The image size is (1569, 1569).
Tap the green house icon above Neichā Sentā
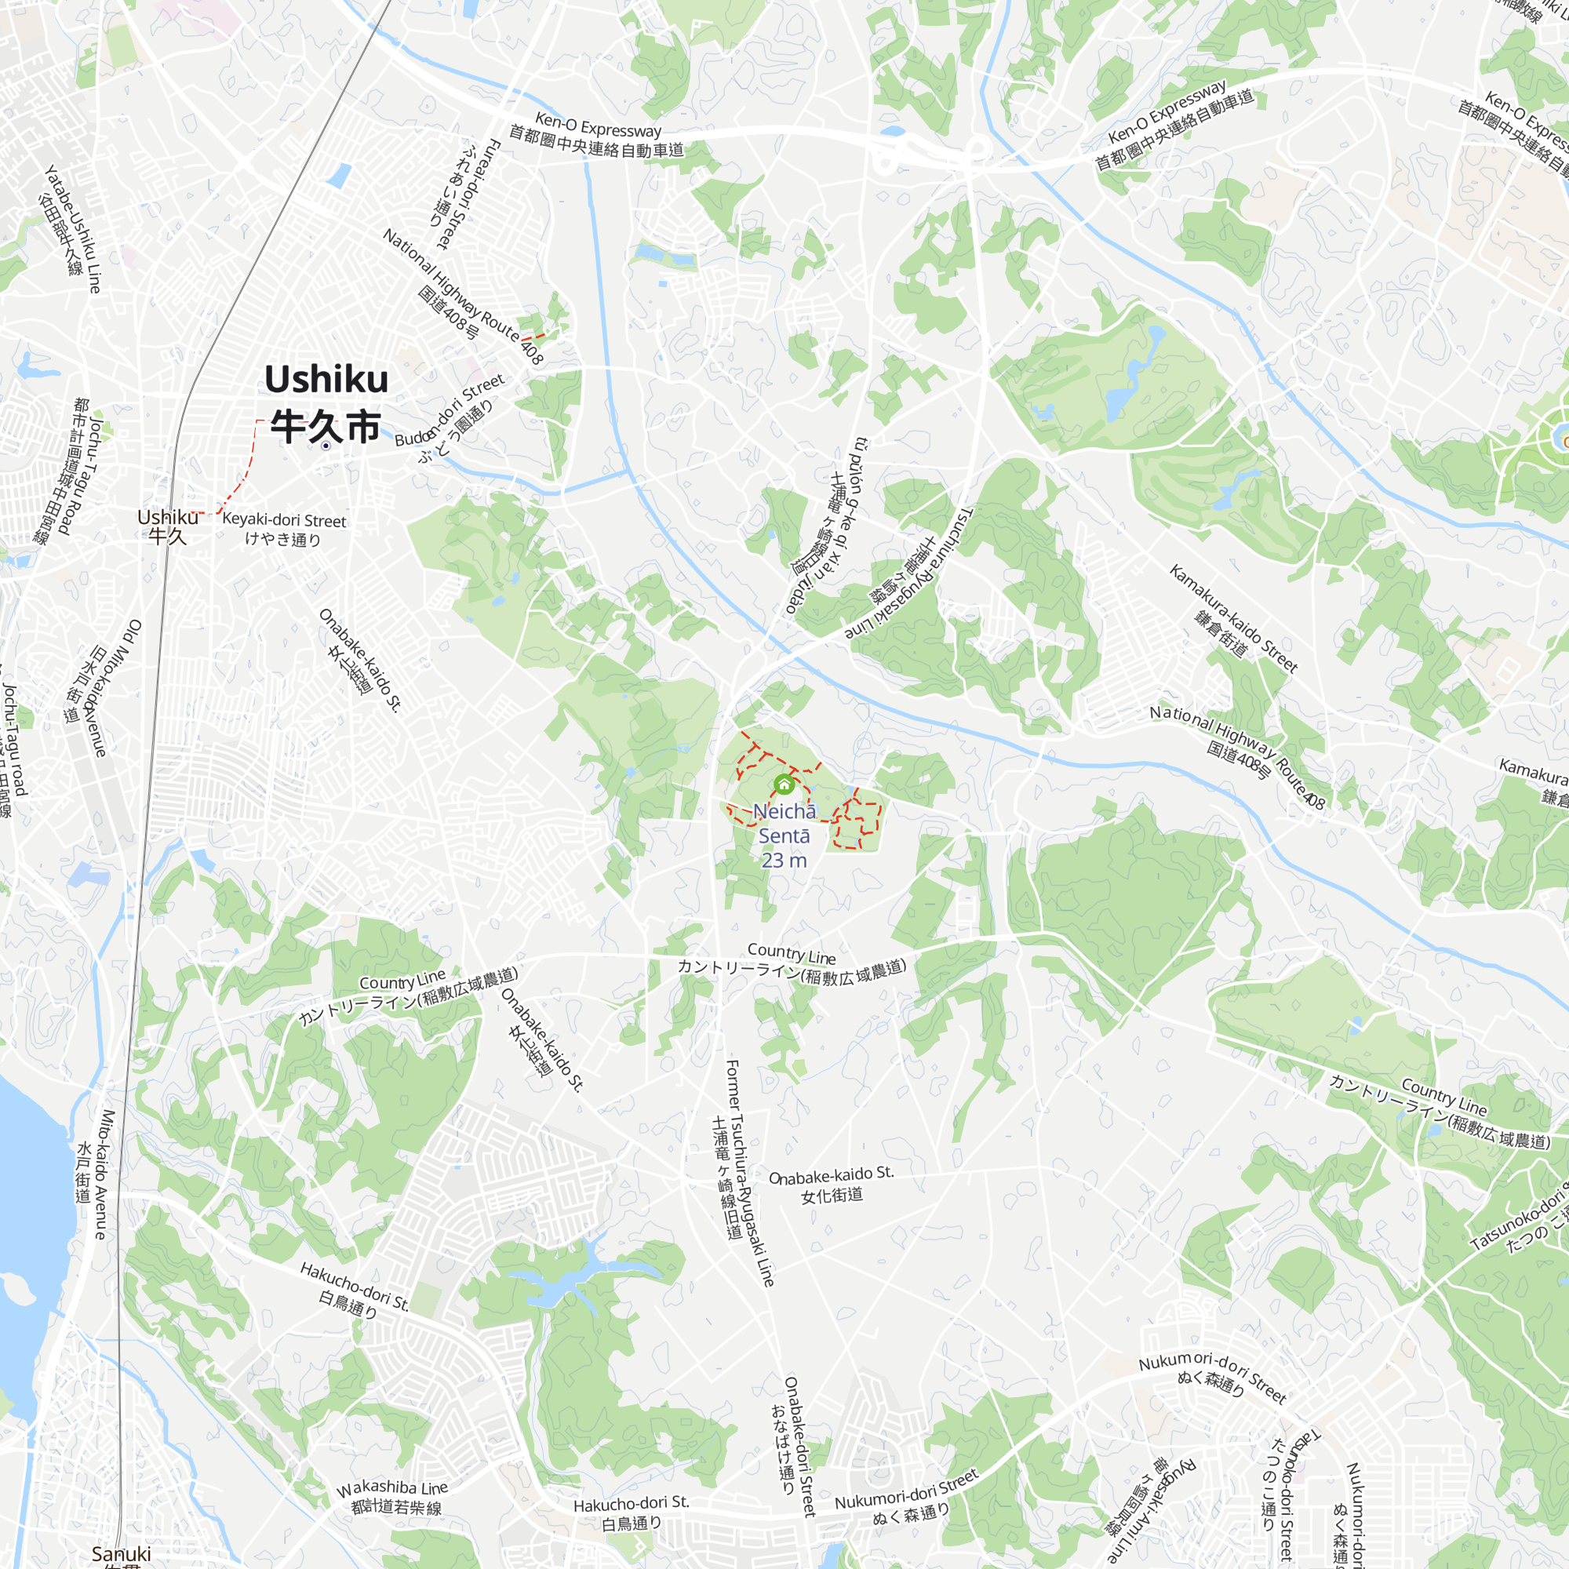pyautogui.click(x=784, y=784)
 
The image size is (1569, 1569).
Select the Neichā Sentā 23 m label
pyautogui.click(x=784, y=835)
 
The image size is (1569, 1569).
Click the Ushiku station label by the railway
pyautogui.click(x=167, y=526)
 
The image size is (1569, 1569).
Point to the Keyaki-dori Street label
pyautogui.click(x=283, y=529)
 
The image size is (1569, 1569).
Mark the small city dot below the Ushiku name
pyautogui.click(x=326, y=446)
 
